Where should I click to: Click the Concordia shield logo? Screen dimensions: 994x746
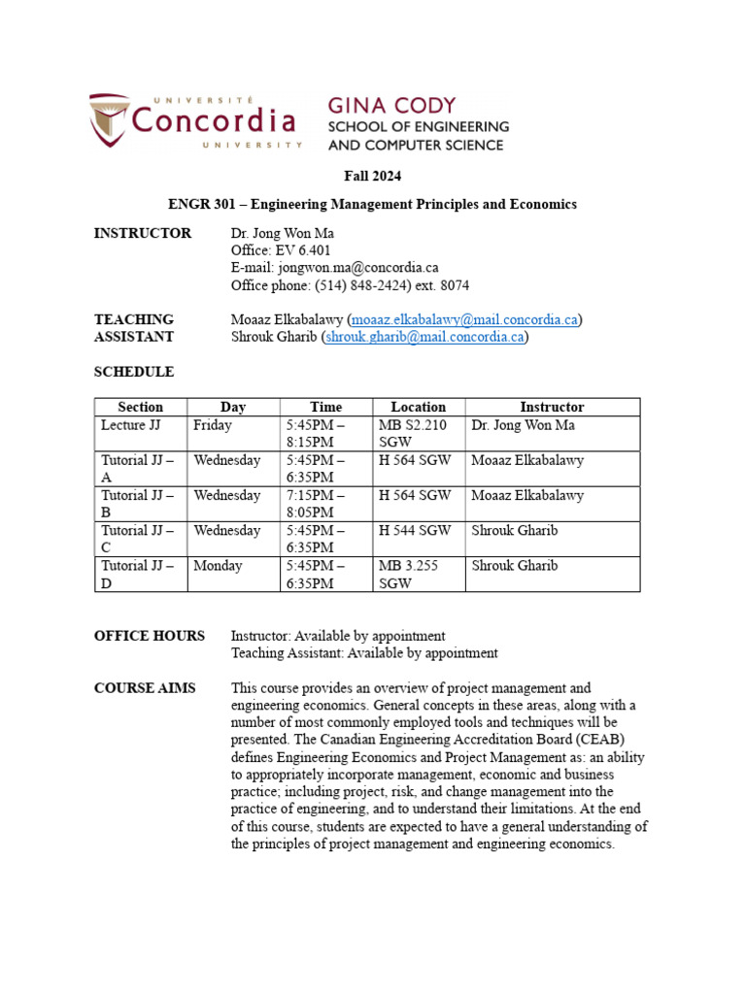(x=109, y=119)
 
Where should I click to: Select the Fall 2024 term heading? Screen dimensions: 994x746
(x=372, y=176)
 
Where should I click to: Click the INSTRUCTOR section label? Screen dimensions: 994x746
(x=142, y=233)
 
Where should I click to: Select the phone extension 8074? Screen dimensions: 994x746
(x=455, y=285)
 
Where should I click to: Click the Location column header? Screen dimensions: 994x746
(x=418, y=407)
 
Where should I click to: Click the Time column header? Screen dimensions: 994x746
(x=325, y=407)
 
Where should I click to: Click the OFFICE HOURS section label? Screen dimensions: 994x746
(x=149, y=636)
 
